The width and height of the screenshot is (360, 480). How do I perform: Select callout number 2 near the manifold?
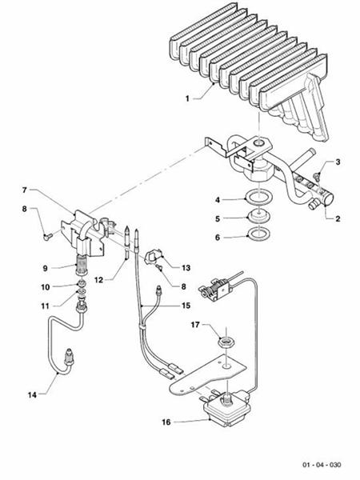[338, 217]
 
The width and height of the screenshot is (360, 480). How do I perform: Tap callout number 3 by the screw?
[337, 162]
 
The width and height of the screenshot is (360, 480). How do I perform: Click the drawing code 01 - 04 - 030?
[322, 465]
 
